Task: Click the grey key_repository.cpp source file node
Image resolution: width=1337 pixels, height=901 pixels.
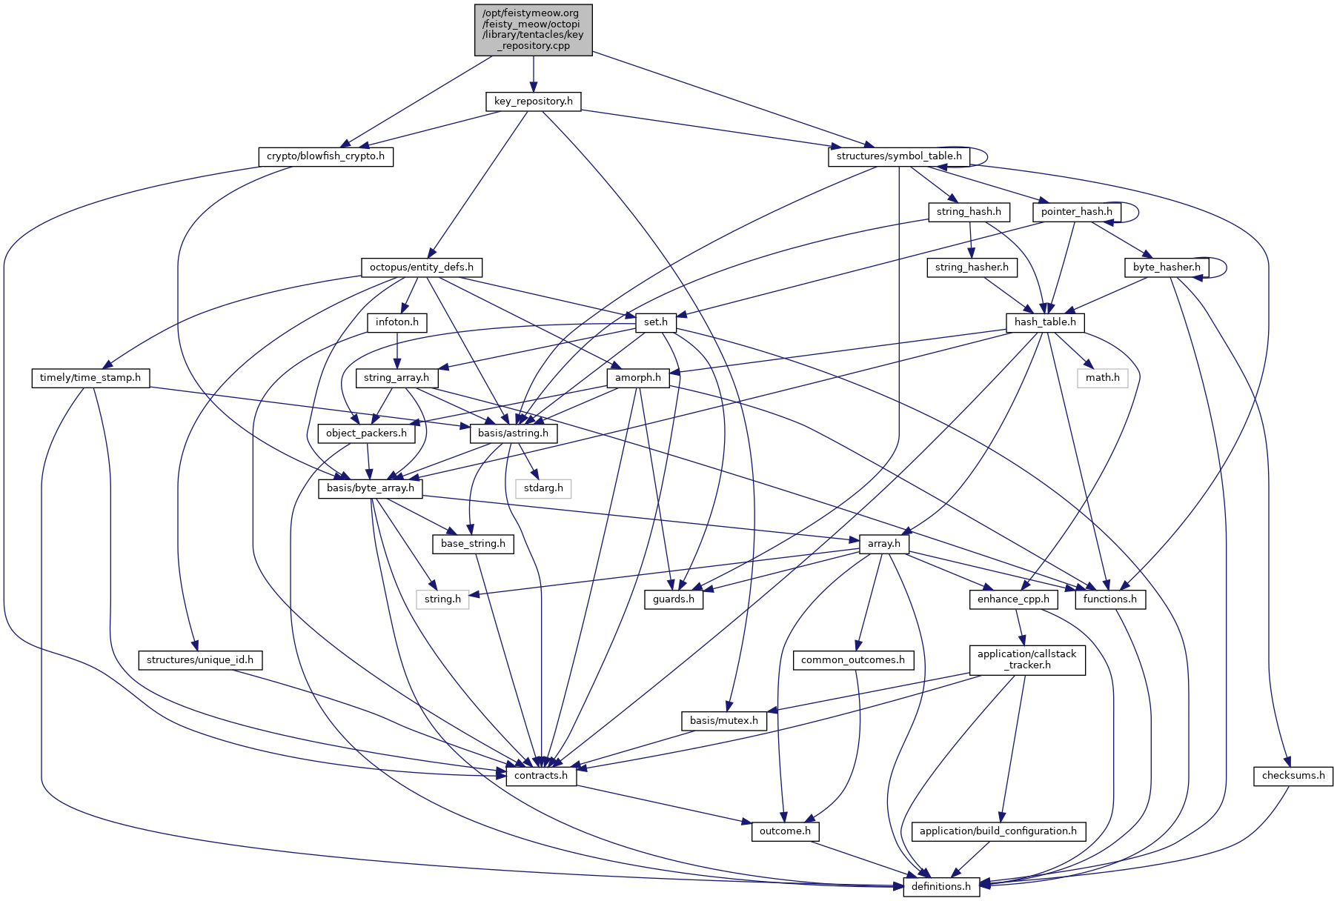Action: click(x=534, y=30)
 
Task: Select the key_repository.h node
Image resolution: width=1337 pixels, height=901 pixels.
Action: click(x=534, y=102)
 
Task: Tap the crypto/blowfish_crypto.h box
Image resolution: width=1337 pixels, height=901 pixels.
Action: click(x=325, y=156)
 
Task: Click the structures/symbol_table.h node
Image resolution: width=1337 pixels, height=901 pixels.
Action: click(x=898, y=156)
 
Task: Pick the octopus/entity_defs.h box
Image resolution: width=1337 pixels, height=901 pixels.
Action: click(x=421, y=267)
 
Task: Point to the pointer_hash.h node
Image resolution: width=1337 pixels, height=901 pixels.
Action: click(x=1076, y=212)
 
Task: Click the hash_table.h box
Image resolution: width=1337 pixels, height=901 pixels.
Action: click(x=1045, y=322)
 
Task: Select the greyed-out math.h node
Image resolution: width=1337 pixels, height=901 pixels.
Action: click(x=1103, y=378)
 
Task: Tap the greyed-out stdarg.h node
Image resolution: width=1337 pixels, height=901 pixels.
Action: click(x=543, y=488)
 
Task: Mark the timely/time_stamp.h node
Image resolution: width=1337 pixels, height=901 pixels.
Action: click(x=90, y=378)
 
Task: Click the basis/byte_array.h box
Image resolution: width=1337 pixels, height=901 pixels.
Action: click(x=371, y=488)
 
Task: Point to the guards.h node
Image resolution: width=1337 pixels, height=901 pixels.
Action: click(x=674, y=599)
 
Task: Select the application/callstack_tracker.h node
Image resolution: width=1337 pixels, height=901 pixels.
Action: click(x=1027, y=659)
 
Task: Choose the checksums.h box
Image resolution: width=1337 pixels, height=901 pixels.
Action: click(x=1293, y=776)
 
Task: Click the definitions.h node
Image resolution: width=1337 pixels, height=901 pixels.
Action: click(x=941, y=887)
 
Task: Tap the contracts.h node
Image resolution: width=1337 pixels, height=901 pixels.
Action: click(x=541, y=776)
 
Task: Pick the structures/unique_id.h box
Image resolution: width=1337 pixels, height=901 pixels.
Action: click(x=200, y=660)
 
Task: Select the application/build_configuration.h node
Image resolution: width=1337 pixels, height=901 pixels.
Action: click(x=998, y=831)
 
